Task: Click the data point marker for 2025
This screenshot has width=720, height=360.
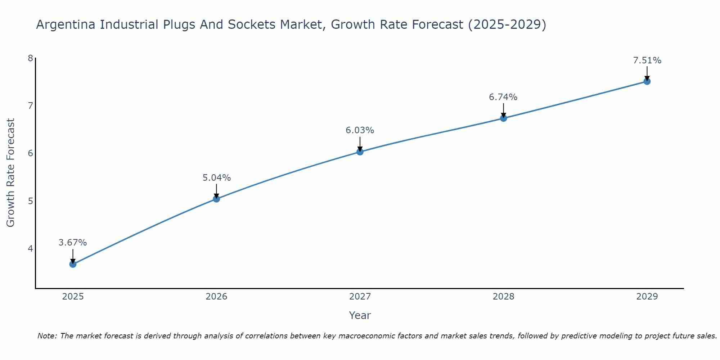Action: [x=73, y=264]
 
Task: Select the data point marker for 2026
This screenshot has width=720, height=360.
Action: [x=216, y=199]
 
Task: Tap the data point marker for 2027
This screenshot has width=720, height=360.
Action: [x=360, y=152]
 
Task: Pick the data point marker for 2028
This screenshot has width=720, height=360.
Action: [x=503, y=118]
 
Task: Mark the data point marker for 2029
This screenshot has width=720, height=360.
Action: [x=647, y=81]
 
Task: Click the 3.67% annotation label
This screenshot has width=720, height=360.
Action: [x=73, y=243]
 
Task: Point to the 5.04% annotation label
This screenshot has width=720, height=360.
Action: [x=216, y=178]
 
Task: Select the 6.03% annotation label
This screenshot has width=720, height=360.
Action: [x=360, y=130]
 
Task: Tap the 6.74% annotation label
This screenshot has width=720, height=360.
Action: [x=503, y=97]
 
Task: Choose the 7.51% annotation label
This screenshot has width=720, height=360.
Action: [x=647, y=60]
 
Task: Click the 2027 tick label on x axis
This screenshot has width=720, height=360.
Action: [x=360, y=297]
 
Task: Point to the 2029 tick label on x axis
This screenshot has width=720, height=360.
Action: [x=647, y=297]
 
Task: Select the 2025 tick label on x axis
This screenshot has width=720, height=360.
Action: [x=73, y=297]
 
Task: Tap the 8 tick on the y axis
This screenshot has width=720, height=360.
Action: [x=30, y=58]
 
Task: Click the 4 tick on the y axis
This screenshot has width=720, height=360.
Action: [x=30, y=248]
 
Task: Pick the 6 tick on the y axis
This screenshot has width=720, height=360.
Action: [x=30, y=153]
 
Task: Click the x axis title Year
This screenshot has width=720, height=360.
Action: [x=360, y=315]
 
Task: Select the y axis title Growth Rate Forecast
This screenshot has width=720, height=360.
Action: [x=11, y=173]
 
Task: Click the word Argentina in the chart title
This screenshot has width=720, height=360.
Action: [x=66, y=24]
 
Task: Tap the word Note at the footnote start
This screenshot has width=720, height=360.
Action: [x=47, y=336]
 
